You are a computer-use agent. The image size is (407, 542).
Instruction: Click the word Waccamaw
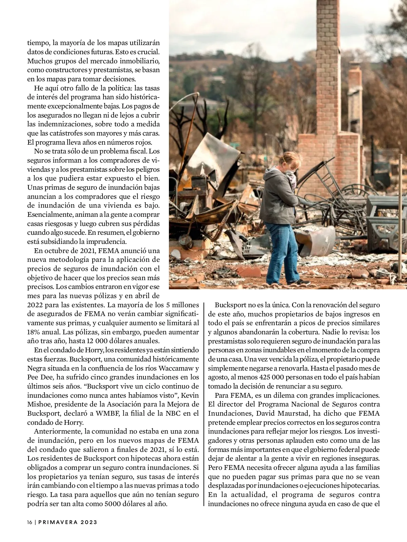176,368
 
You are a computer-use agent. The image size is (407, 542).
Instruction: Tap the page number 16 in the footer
30,522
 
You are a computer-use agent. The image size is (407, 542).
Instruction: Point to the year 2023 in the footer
89,522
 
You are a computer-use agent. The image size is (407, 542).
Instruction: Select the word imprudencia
106,242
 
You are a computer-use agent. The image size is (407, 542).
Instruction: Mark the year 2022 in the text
35,305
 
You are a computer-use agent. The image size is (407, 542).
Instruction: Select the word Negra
36,368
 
